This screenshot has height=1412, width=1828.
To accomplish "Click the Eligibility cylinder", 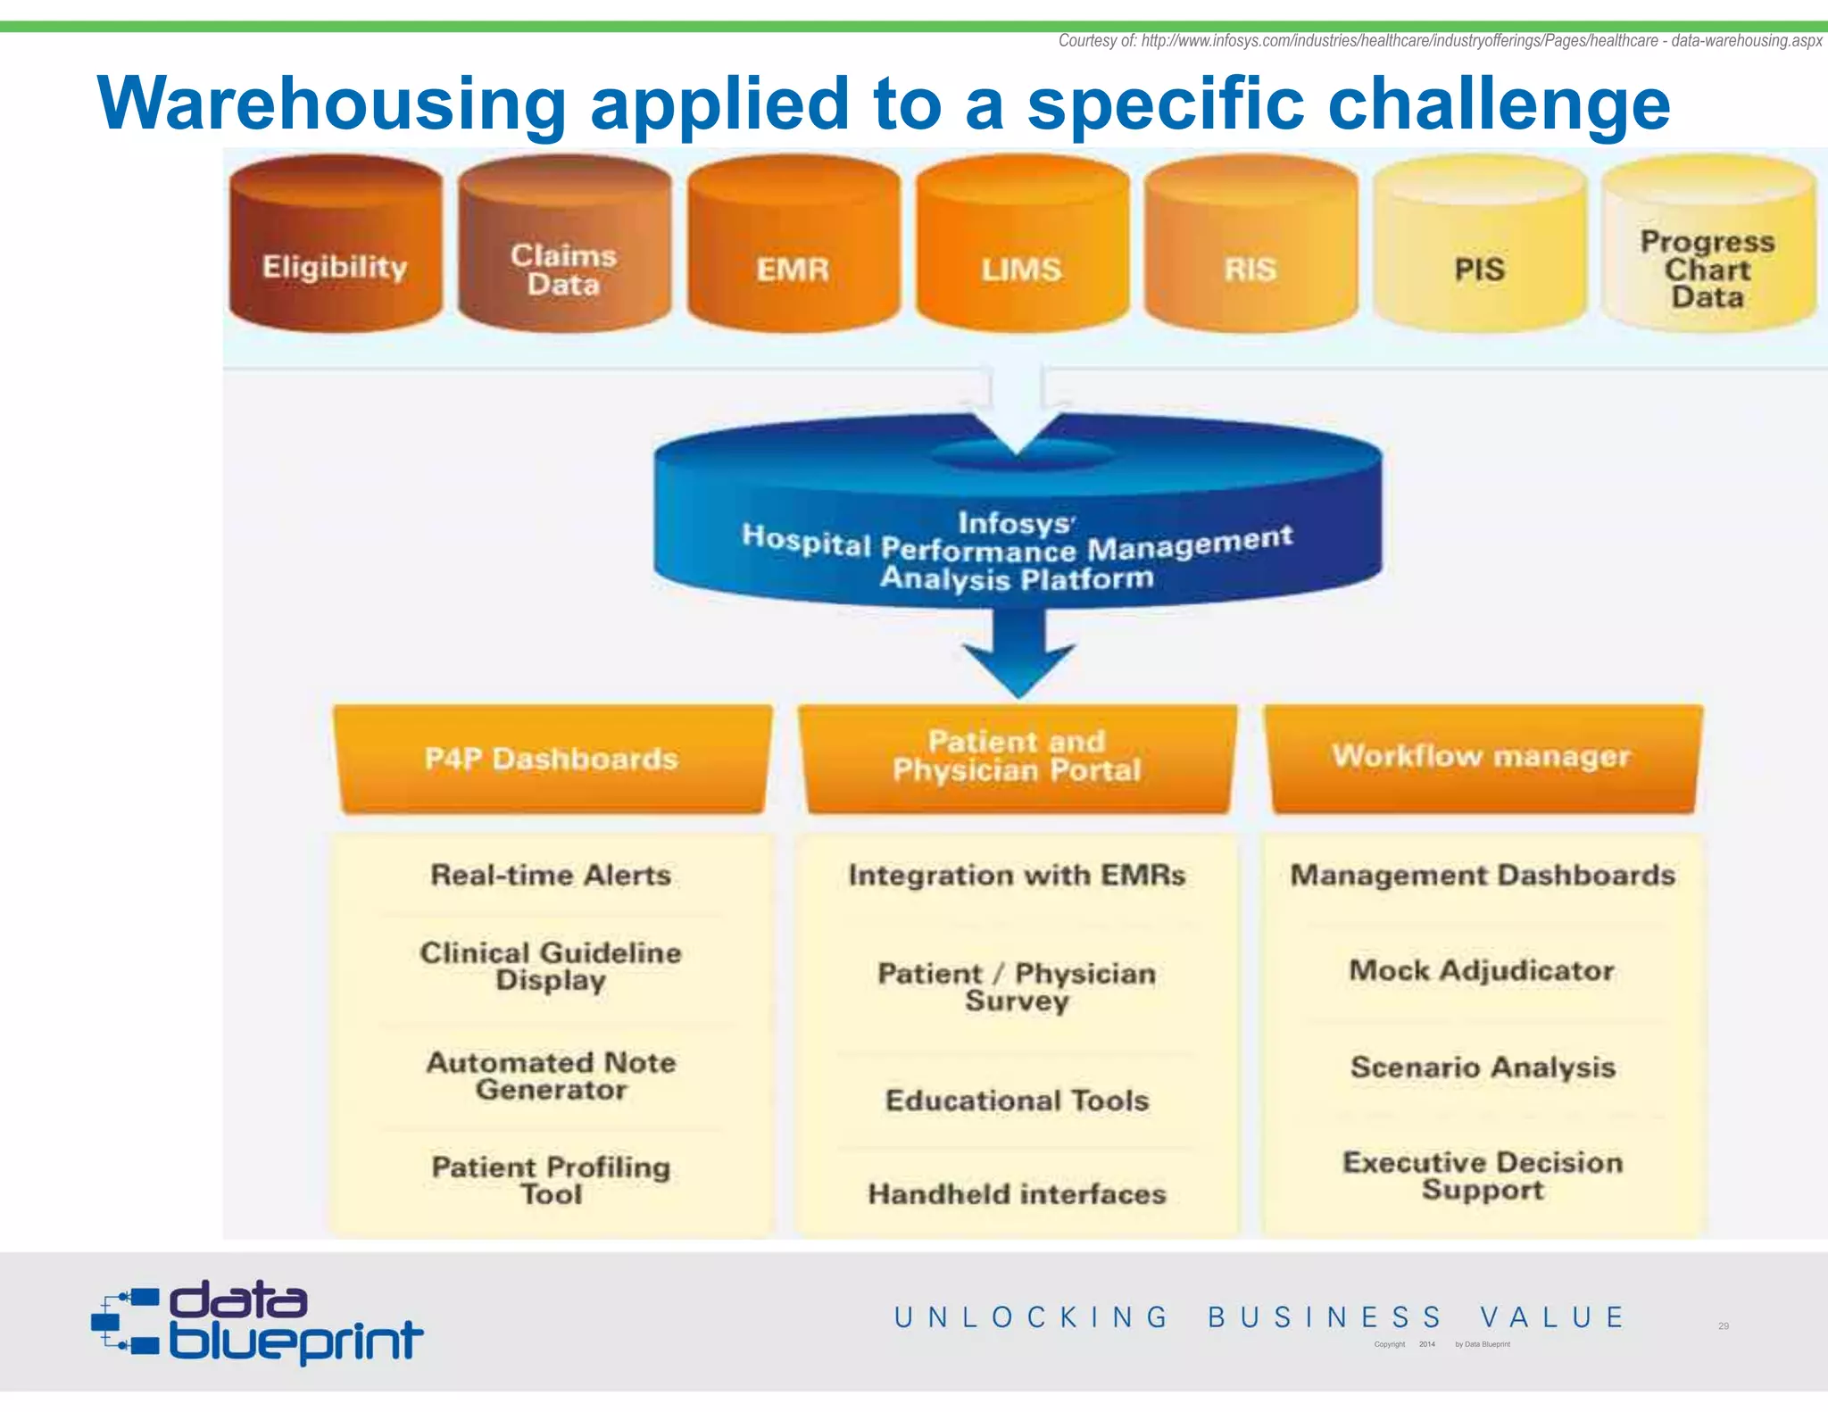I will point(335,254).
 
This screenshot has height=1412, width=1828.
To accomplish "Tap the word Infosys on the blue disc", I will point(1015,523).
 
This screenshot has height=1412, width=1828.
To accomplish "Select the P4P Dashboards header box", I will point(552,759).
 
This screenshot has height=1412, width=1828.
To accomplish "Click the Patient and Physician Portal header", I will point(1017,757).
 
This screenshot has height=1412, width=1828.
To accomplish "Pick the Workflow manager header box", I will point(1482,757).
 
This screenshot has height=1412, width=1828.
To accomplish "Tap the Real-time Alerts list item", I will point(551,875).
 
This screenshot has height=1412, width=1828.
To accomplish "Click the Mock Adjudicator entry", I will point(1482,970).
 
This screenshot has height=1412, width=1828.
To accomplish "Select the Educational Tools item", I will point(1017,1101).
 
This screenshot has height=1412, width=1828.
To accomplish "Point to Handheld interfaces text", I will point(1017,1194).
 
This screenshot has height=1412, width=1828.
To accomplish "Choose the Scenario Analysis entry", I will point(1483,1067).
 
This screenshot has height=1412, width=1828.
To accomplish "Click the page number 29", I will point(1724,1326).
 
